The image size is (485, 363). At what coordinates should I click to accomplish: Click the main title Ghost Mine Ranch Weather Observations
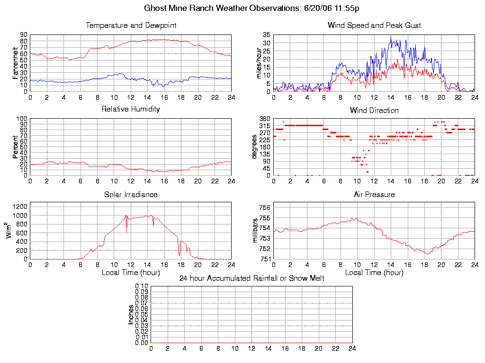pyautogui.click(x=251, y=9)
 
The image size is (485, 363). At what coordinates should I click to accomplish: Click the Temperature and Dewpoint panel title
pyautogui.click(x=131, y=26)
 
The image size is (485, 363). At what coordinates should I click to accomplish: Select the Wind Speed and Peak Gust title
pyautogui.click(x=374, y=26)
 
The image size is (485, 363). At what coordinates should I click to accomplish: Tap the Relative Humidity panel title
pyautogui.click(x=131, y=109)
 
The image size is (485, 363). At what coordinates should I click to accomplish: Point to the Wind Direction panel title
pyautogui.click(x=374, y=111)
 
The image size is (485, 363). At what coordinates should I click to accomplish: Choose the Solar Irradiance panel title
pyautogui.click(x=131, y=195)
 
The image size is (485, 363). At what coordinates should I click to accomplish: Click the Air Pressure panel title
pyautogui.click(x=374, y=195)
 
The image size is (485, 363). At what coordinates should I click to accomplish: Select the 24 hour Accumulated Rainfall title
pyautogui.click(x=251, y=278)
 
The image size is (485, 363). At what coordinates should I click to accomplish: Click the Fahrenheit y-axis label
pyautogui.click(x=16, y=63)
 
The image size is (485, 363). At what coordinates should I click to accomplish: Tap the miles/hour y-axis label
pyautogui.click(x=259, y=63)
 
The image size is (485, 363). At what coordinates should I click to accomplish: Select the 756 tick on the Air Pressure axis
pyautogui.click(x=265, y=207)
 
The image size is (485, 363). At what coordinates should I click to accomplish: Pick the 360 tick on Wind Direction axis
pyautogui.click(x=264, y=119)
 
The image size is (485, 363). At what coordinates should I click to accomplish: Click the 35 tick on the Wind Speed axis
pyautogui.click(x=266, y=35)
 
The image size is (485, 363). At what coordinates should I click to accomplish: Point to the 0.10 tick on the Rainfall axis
pyautogui.click(x=142, y=286)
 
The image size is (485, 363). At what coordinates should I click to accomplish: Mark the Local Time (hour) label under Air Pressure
pyautogui.click(x=374, y=273)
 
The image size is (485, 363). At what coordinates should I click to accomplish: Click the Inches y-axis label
pyautogui.click(x=131, y=314)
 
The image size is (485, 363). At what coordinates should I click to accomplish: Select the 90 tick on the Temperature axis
pyautogui.click(x=24, y=35)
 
